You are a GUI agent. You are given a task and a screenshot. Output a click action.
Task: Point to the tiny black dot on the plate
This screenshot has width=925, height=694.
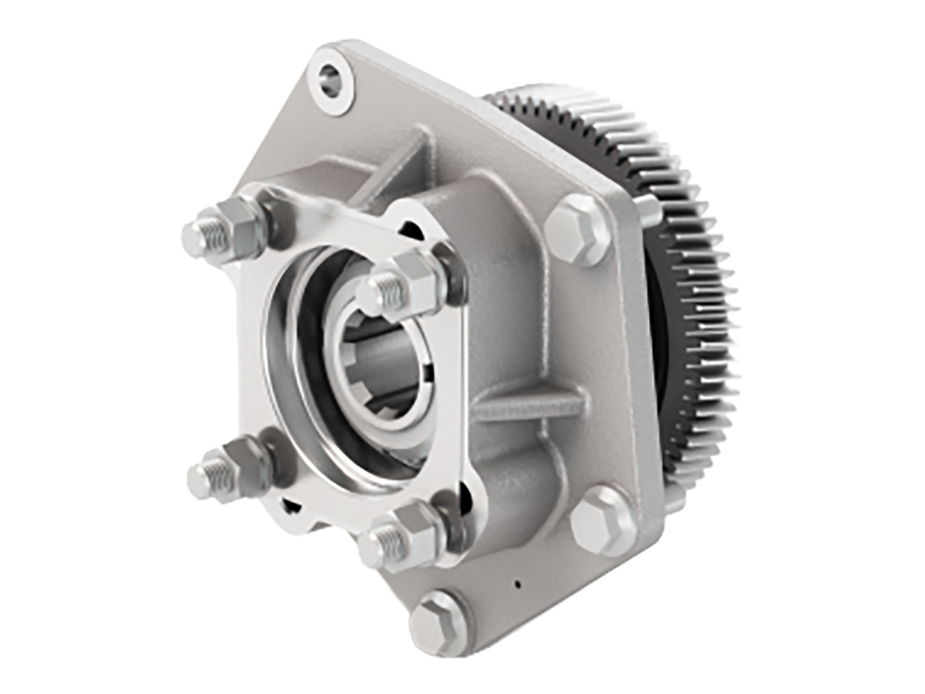tap(517, 584)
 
